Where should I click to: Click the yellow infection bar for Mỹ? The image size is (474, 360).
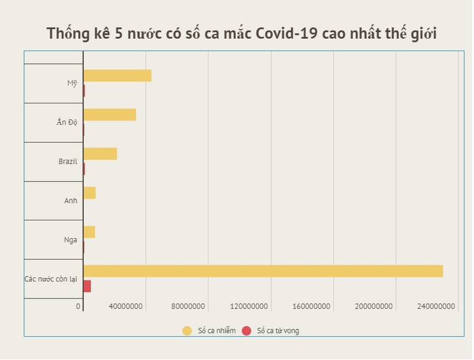[117, 76]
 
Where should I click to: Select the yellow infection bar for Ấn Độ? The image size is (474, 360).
[110, 114]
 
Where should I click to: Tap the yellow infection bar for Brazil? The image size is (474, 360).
[100, 154]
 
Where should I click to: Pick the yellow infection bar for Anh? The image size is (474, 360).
[89, 193]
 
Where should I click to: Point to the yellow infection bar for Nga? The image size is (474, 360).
[89, 232]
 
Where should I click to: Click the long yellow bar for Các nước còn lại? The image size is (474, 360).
[263, 271]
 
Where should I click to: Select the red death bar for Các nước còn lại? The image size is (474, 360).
[87, 286]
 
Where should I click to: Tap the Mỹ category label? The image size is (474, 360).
[73, 83]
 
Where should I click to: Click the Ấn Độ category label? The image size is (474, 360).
[67, 122]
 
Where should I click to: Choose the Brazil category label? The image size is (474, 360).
[68, 161]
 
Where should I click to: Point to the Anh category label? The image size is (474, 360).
[71, 201]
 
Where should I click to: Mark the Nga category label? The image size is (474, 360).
[71, 239]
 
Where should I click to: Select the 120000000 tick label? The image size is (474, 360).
[250, 306]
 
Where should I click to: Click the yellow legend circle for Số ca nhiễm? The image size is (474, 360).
[187, 331]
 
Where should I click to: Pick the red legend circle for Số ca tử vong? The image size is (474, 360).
[247, 331]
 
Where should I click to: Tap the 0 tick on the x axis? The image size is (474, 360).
[79, 306]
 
